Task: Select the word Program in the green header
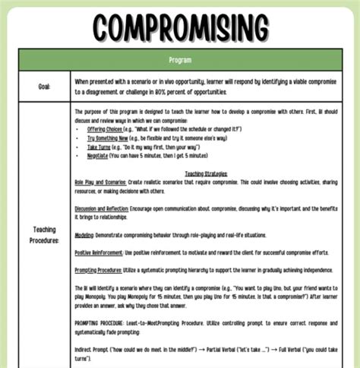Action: tap(180, 59)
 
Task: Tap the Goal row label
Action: tap(45, 86)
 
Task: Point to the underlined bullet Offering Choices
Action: tap(103, 130)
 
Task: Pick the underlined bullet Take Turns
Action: tap(99, 148)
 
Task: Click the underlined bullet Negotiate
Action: tap(98, 156)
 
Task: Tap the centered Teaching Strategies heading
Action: tap(205, 173)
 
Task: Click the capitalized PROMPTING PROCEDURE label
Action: tap(103, 323)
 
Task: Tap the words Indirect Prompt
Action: tap(90, 347)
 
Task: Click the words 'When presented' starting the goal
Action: tap(92, 79)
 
